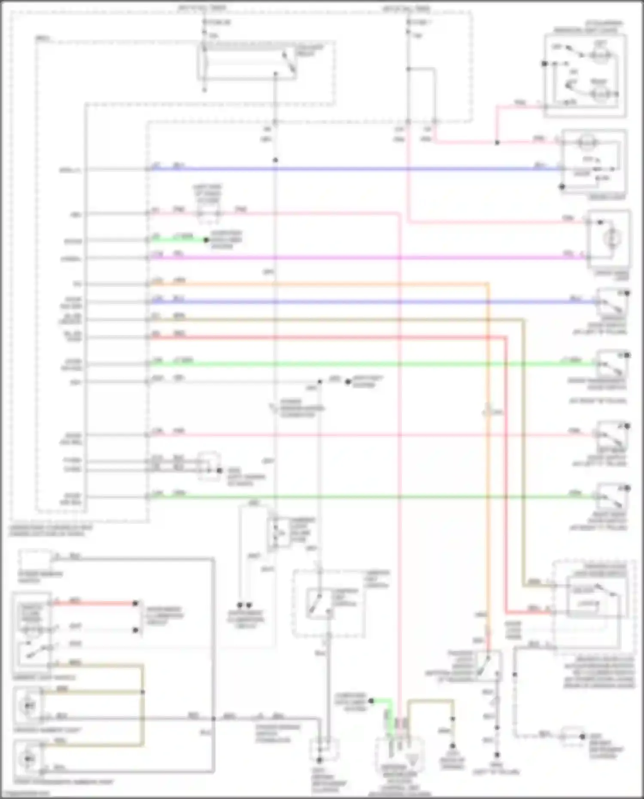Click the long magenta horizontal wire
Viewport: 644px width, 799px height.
click(343, 258)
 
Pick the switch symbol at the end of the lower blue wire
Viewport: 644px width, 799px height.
click(612, 304)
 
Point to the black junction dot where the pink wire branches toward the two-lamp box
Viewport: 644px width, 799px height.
click(497, 143)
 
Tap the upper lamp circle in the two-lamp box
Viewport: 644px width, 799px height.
click(600, 56)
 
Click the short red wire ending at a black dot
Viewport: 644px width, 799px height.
click(94, 603)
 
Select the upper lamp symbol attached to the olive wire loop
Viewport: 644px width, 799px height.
click(28, 705)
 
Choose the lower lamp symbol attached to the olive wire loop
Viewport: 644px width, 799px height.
click(28, 759)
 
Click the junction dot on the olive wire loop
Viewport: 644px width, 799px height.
click(143, 692)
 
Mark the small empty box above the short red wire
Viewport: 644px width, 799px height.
click(35, 560)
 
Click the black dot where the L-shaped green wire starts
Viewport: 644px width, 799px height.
click(371, 701)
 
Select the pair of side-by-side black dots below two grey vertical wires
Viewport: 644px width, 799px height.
click(245, 605)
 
